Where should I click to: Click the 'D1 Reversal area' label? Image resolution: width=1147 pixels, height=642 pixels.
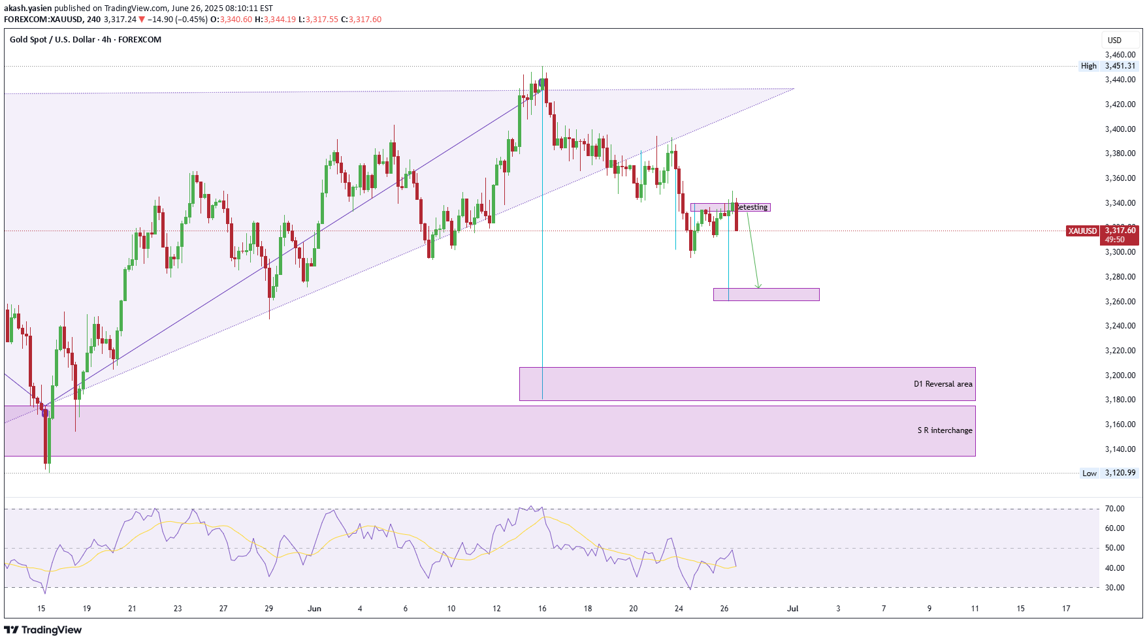(943, 384)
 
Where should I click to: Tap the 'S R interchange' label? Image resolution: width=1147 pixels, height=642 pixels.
(945, 430)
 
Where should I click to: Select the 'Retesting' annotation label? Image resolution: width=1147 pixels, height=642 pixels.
(752, 207)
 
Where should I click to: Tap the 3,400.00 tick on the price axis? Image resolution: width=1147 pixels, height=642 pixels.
(1120, 129)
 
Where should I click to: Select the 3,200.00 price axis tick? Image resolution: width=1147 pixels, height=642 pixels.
(1120, 376)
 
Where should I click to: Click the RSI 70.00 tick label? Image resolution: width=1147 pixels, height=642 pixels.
(1114, 509)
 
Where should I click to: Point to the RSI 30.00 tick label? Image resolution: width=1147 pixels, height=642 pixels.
(1114, 588)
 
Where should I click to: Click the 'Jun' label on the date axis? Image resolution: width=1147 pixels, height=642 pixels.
(314, 609)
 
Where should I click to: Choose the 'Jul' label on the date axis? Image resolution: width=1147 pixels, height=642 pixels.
(792, 609)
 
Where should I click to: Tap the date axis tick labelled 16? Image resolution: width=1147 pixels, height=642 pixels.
(542, 609)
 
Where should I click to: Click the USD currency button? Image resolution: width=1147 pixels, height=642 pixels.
(1114, 40)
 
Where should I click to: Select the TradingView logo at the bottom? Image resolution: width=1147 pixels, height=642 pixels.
(43, 630)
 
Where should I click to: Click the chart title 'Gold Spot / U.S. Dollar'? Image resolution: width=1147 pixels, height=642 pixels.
(52, 40)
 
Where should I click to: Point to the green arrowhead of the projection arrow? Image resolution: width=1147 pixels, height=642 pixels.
(758, 285)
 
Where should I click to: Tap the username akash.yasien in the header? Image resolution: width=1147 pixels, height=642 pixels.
(28, 8)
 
